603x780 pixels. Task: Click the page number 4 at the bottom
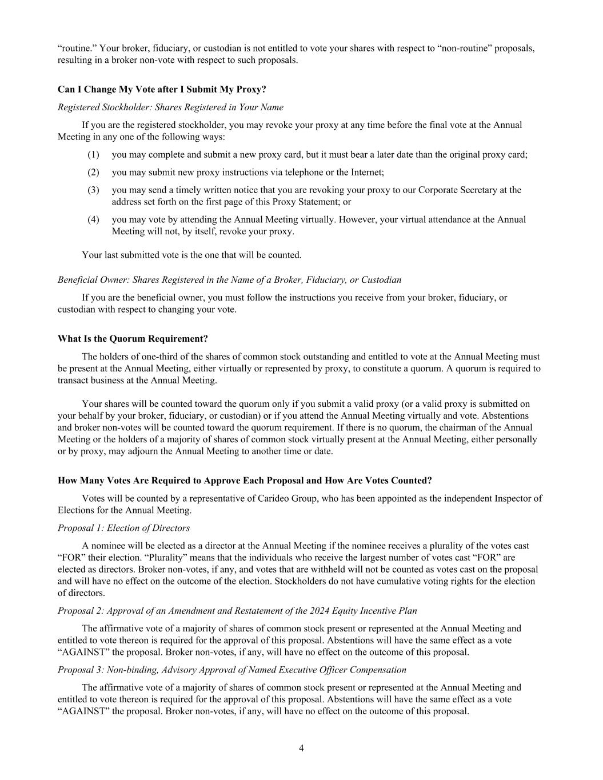coord(301,749)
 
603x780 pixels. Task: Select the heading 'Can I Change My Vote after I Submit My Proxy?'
coord(162,90)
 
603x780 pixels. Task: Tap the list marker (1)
coord(93,155)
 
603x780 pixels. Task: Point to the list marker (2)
coord(93,173)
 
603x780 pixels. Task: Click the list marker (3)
coord(93,190)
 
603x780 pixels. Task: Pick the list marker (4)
coord(93,220)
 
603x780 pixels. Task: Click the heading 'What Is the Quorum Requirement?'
coord(133,339)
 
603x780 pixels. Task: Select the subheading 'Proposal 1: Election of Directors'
coord(123,528)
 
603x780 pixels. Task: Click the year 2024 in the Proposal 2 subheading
coord(295,611)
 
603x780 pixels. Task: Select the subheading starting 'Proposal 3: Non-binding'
coord(231,670)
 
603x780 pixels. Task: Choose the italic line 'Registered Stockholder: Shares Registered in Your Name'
coord(170,107)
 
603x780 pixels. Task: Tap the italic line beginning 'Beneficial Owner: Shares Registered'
coord(229,280)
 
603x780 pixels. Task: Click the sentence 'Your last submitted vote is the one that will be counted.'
coord(191,255)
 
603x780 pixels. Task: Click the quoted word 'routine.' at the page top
coord(77,48)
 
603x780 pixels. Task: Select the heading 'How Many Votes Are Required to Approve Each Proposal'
coord(245,481)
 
